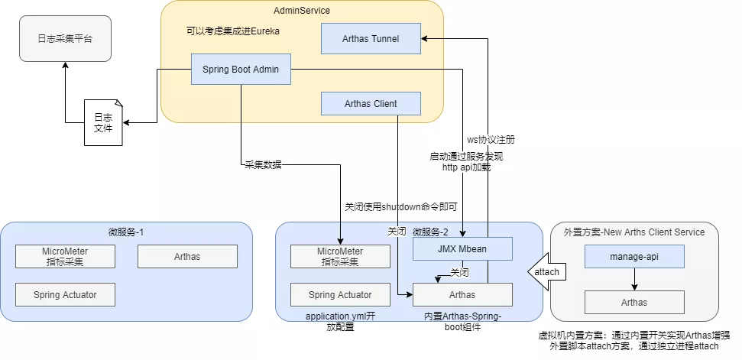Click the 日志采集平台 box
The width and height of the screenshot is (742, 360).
click(65, 38)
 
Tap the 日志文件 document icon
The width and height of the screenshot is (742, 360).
click(102, 123)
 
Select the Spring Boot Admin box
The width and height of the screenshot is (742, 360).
click(241, 70)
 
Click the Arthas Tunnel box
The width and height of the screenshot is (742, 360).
click(371, 38)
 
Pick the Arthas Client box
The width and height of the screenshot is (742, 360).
click(371, 104)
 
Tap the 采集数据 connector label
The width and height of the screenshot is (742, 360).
click(263, 164)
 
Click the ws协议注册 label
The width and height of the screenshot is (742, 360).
click(491, 140)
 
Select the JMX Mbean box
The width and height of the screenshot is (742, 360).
click(462, 248)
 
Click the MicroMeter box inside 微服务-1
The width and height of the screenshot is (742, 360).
click(65, 257)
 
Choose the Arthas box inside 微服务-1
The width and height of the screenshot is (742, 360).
click(187, 257)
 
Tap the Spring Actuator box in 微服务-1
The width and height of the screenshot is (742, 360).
click(65, 294)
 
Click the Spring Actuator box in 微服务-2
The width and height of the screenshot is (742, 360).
click(340, 294)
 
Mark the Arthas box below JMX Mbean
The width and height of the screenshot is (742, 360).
click(462, 294)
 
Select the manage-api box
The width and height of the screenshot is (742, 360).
click(634, 257)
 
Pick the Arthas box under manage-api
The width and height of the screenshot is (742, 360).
click(634, 302)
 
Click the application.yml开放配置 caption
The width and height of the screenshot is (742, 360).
click(340, 321)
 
